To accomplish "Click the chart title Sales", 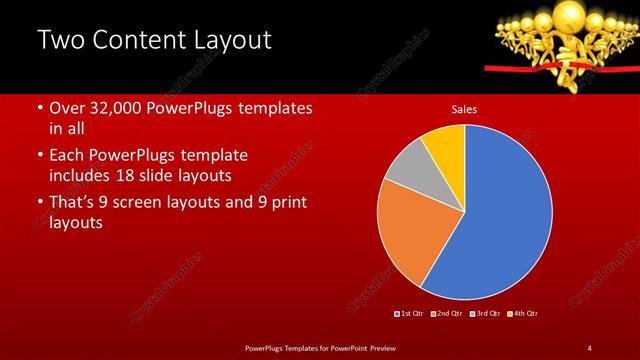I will (x=464, y=108).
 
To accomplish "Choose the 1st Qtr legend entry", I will (x=411, y=314).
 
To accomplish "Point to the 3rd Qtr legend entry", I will (x=485, y=314).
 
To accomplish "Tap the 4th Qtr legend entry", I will (x=523, y=314).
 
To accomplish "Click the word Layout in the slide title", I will (x=232, y=41).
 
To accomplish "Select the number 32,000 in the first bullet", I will (x=117, y=108).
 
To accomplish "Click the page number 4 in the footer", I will (x=589, y=347).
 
